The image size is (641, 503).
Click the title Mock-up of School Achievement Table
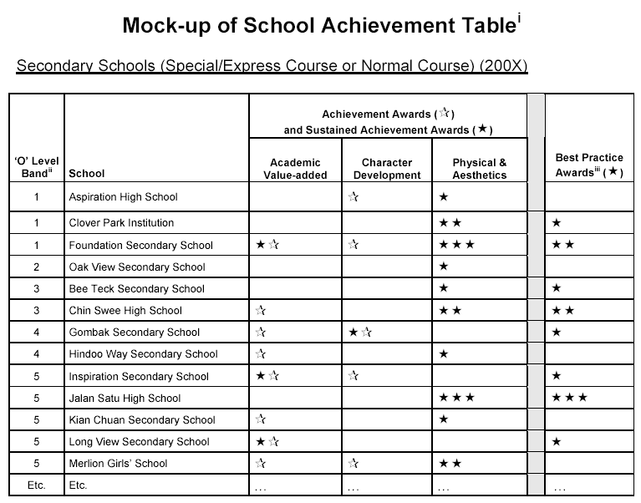pyautogui.click(x=319, y=25)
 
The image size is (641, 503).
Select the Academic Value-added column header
pyautogui.click(x=295, y=169)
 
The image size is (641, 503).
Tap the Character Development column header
pyautogui.click(x=387, y=169)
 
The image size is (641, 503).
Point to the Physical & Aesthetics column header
pyautogui.click(x=480, y=169)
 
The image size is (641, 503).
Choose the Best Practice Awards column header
pyautogui.click(x=589, y=165)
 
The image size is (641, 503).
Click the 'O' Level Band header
pyautogui.click(x=37, y=167)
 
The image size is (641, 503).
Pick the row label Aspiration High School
pyautogui.click(x=123, y=197)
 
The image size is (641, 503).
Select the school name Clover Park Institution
pyautogui.click(x=121, y=223)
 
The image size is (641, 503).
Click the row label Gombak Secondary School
pyautogui.click(x=135, y=333)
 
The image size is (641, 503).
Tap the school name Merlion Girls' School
pyautogui.click(x=118, y=463)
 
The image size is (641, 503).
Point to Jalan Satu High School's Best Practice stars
pyautogui.click(x=571, y=398)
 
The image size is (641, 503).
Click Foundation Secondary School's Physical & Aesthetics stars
pyautogui.click(x=457, y=245)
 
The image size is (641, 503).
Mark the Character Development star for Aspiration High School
pyautogui.click(x=354, y=197)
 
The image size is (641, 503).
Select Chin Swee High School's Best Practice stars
pyautogui.click(x=563, y=311)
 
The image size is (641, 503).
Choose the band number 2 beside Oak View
pyautogui.click(x=37, y=267)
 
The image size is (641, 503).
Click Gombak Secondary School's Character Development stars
pyautogui.click(x=360, y=333)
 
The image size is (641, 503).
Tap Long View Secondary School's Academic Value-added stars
pyautogui.click(x=267, y=441)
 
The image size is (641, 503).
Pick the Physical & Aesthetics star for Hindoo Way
pyautogui.click(x=444, y=354)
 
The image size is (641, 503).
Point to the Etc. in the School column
pyautogui.click(x=78, y=485)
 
